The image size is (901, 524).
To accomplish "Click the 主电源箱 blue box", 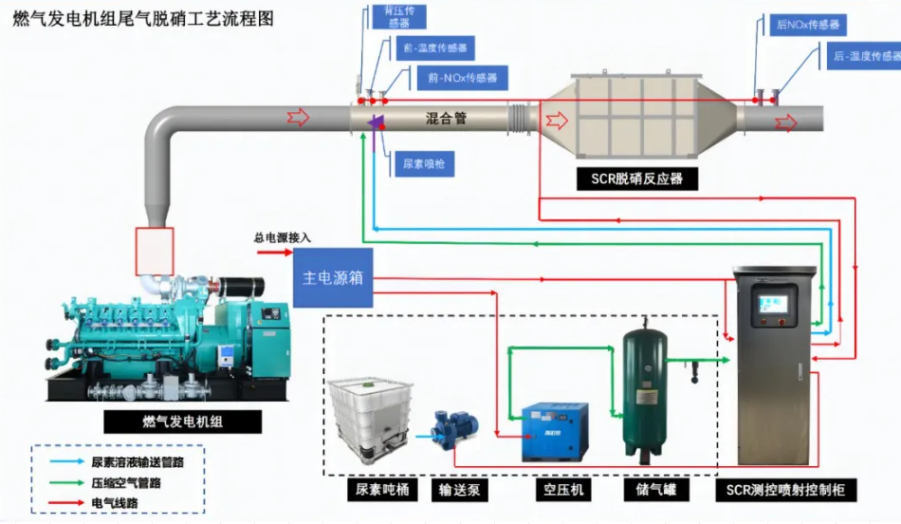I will pos(333,278).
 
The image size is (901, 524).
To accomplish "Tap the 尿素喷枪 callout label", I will pos(422,164).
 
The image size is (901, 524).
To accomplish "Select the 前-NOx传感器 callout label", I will pos(462,78).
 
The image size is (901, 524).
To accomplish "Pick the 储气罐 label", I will pos(650,491).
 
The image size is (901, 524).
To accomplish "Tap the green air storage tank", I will pos(647,389).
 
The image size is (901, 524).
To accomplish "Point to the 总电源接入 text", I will pos(282,238).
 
